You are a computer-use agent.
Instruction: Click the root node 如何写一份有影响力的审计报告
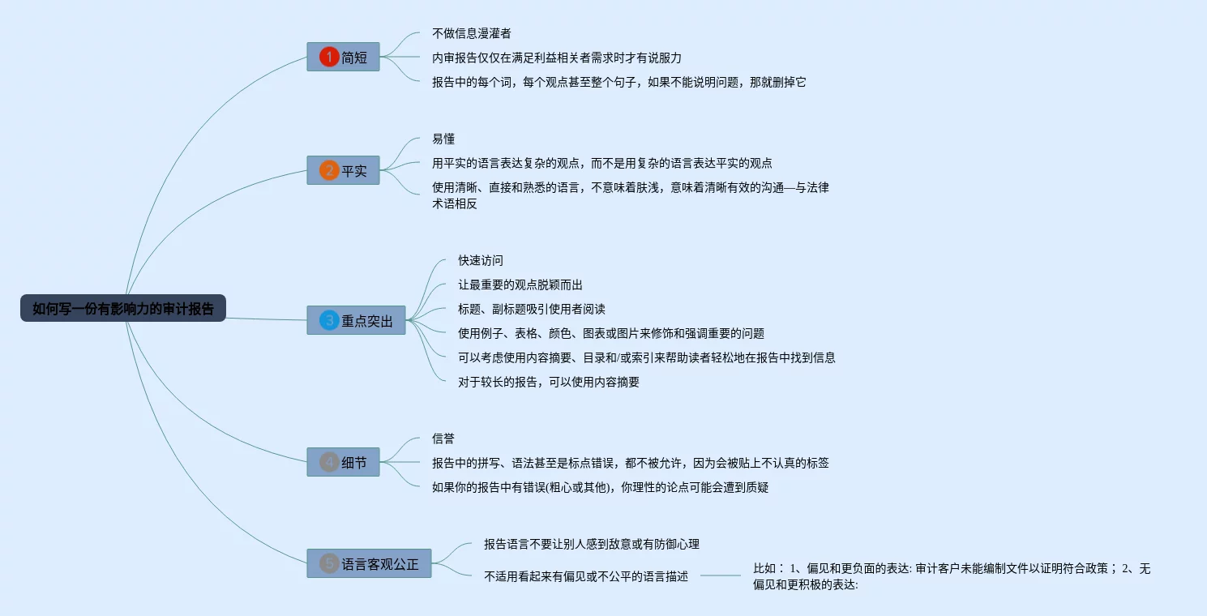[123, 308]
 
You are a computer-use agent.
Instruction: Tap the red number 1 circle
[329, 57]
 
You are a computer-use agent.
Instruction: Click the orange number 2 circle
[329, 171]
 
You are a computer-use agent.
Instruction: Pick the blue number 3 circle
[329, 321]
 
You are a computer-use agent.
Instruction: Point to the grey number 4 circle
[329, 463]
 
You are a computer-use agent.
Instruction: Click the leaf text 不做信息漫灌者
[472, 33]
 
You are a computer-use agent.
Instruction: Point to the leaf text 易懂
[443, 139]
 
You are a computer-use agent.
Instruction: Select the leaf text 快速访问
[481, 260]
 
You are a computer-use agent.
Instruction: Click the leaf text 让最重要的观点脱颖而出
[520, 284]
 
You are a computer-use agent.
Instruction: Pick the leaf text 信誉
[443, 438]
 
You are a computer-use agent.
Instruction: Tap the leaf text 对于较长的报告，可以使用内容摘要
[549, 382]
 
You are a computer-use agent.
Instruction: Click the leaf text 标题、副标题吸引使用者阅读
[532, 309]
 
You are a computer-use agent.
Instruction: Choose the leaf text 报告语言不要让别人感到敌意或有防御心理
[592, 544]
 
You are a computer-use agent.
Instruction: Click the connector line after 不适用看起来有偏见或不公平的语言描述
[720, 576]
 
